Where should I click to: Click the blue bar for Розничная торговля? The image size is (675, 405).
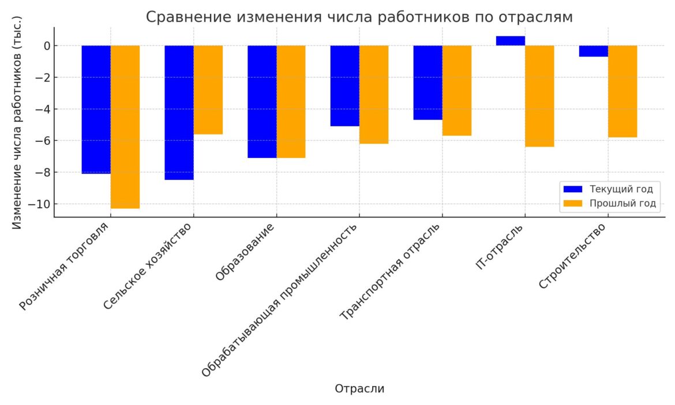(x=96, y=110)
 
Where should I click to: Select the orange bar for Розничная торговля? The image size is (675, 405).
(x=125, y=127)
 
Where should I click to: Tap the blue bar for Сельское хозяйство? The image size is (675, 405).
(x=179, y=112)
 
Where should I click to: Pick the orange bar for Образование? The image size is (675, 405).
(x=291, y=102)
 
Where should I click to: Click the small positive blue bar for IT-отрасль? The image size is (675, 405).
(x=511, y=41)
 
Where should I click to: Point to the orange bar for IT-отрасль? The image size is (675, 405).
(x=539, y=96)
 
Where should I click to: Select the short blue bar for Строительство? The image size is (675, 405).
(x=594, y=51)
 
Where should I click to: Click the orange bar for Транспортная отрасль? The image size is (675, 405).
(x=457, y=91)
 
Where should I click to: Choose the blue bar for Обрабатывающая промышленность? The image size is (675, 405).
(x=345, y=85)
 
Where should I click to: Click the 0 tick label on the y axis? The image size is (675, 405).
(x=47, y=46)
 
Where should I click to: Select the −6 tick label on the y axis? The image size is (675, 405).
(x=42, y=141)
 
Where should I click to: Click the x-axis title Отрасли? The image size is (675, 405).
(x=359, y=389)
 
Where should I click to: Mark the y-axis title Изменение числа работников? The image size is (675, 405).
(x=17, y=122)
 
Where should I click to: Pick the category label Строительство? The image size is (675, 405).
(x=573, y=257)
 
